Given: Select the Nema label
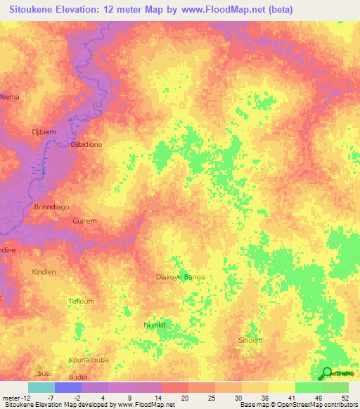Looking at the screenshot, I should tap(10, 96).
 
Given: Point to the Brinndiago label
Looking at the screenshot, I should tap(52, 207).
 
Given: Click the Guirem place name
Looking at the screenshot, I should tap(84, 221).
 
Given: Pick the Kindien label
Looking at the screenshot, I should tap(44, 271).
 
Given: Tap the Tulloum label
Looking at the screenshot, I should tap(81, 301).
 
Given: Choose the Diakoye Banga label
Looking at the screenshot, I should tap(180, 277).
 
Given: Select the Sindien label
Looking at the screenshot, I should tap(250, 340).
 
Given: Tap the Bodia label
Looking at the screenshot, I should tap(78, 377).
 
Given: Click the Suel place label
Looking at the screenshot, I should tap(45, 372).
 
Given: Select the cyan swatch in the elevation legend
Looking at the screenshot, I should tap(41, 387).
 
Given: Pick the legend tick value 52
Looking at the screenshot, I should tap(345, 399).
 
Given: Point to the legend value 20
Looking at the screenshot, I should tap(185, 399).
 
